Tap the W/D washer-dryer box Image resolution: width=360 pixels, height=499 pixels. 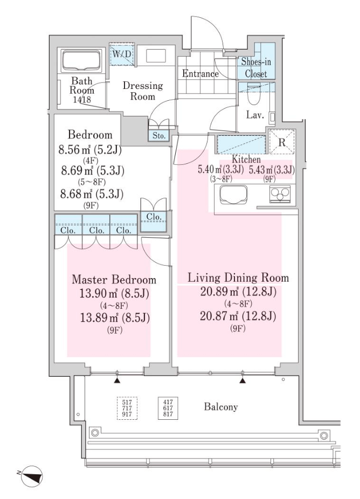(121, 54)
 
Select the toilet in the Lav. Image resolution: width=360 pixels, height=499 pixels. (254, 94)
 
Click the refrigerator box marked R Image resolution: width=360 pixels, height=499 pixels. (282, 142)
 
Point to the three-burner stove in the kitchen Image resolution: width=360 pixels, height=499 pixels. (280, 194)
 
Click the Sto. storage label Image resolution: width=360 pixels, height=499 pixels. (159, 136)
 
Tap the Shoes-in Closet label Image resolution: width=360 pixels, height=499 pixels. (255, 67)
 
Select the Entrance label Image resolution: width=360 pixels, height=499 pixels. (200, 73)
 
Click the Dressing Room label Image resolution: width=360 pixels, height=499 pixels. (143, 91)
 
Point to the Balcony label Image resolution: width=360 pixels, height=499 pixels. (221, 407)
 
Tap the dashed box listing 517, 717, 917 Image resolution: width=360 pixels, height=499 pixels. (127, 408)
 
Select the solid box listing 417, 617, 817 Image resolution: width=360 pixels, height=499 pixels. (168, 408)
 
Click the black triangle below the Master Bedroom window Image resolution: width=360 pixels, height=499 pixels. (117, 380)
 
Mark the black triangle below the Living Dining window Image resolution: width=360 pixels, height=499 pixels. (243, 380)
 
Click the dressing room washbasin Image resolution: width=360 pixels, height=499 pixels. (156, 56)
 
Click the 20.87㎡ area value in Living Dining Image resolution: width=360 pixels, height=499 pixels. (220, 316)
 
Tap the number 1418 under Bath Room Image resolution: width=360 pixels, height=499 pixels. (82, 99)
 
